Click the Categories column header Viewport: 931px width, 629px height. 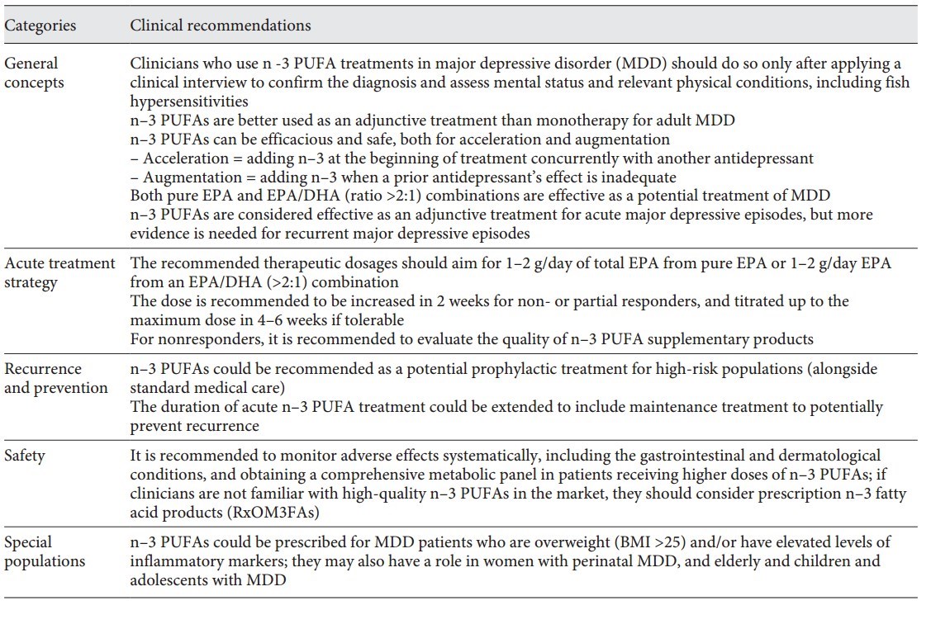pos(40,26)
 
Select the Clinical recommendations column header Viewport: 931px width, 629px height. pos(221,26)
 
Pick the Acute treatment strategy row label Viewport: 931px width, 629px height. pos(59,272)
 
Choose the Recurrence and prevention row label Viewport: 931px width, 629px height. pos(55,379)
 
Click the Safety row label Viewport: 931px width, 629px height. pos(26,455)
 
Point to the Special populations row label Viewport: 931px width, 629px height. pos(45,551)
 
